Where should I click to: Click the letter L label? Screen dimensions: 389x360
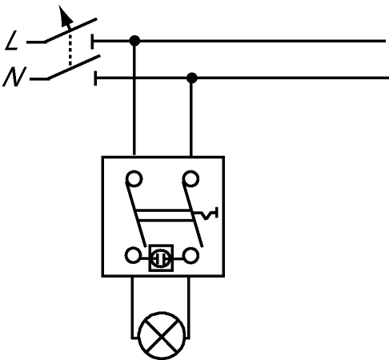(12, 41)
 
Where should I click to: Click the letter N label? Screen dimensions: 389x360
(14, 77)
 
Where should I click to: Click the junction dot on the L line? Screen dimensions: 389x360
(134, 41)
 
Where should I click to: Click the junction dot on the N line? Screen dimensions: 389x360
(192, 78)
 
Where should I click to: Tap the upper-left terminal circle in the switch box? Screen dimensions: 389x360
(134, 178)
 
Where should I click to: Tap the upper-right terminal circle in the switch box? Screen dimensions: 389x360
(190, 178)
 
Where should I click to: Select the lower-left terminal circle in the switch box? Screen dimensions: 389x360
(133, 255)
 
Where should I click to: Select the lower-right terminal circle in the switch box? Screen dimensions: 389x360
(191, 255)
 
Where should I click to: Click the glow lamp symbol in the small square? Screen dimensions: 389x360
(161, 258)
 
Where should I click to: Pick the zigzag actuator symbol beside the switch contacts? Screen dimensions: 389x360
(210, 214)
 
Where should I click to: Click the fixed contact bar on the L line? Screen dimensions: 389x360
(92, 42)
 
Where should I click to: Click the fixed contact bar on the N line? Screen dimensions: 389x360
(95, 78)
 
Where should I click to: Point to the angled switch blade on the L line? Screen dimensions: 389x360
(70, 30)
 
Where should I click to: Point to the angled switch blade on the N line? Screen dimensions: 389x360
(74, 67)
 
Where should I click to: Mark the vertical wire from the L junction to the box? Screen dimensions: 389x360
(134, 98)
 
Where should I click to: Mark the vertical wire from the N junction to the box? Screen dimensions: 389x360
(191, 117)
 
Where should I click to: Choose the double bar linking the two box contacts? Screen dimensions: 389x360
(165, 215)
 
